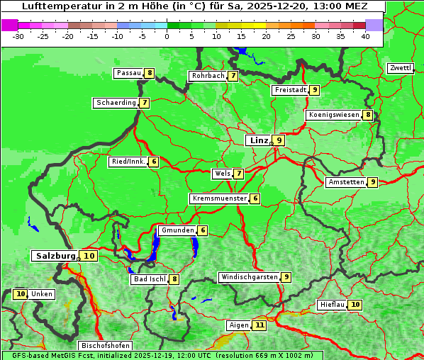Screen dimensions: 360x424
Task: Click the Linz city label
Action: coord(258,140)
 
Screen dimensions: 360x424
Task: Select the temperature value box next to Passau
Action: coord(149,73)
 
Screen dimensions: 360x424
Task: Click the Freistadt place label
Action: coord(289,90)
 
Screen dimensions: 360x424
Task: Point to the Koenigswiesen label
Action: coord(333,115)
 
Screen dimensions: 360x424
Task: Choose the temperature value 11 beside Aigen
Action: coord(260,325)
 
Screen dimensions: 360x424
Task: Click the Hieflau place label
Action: coord(332,305)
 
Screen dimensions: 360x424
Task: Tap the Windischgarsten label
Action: coord(248,277)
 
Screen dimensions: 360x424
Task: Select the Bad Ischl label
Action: coord(149,279)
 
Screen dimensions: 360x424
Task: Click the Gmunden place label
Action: coord(177,230)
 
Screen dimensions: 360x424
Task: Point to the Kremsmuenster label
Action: coord(219,198)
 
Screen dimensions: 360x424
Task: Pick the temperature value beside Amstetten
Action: coord(373,182)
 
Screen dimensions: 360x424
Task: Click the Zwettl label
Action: coord(400,68)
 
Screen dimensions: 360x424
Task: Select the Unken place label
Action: coord(42,294)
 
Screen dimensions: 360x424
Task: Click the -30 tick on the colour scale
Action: coord(18,35)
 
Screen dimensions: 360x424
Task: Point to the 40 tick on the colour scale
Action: coord(364,35)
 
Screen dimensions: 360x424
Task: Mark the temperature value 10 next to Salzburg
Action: coord(89,256)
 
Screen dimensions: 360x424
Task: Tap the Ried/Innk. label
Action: coord(128,162)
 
